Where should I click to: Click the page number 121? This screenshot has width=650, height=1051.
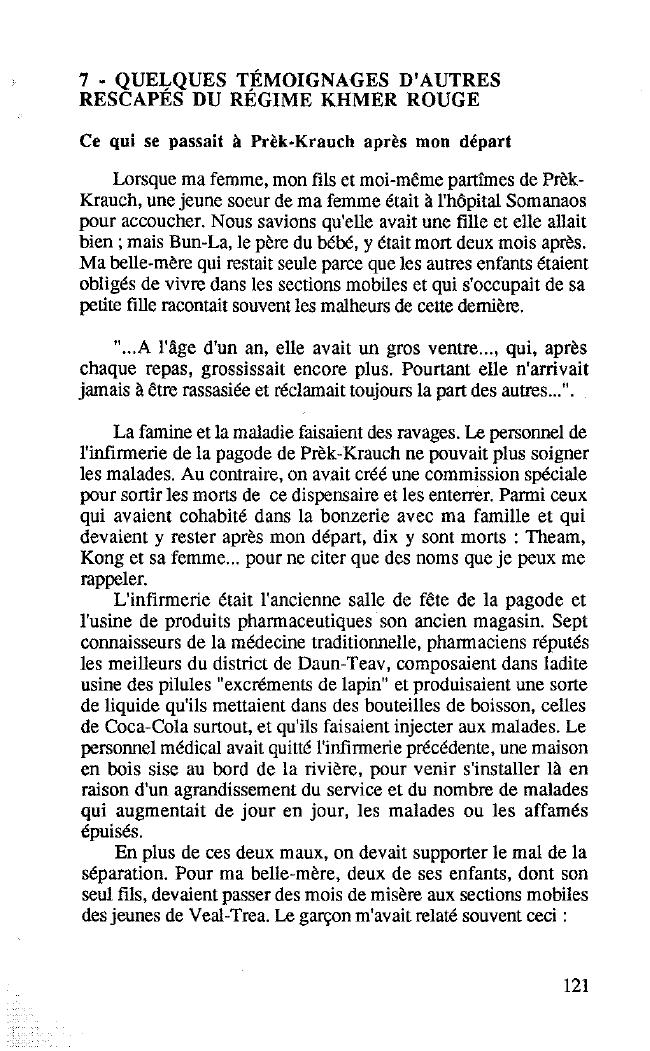(x=575, y=985)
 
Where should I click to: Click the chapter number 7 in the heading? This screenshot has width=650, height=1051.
(x=86, y=80)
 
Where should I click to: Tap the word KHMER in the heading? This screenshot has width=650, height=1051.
(x=367, y=99)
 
